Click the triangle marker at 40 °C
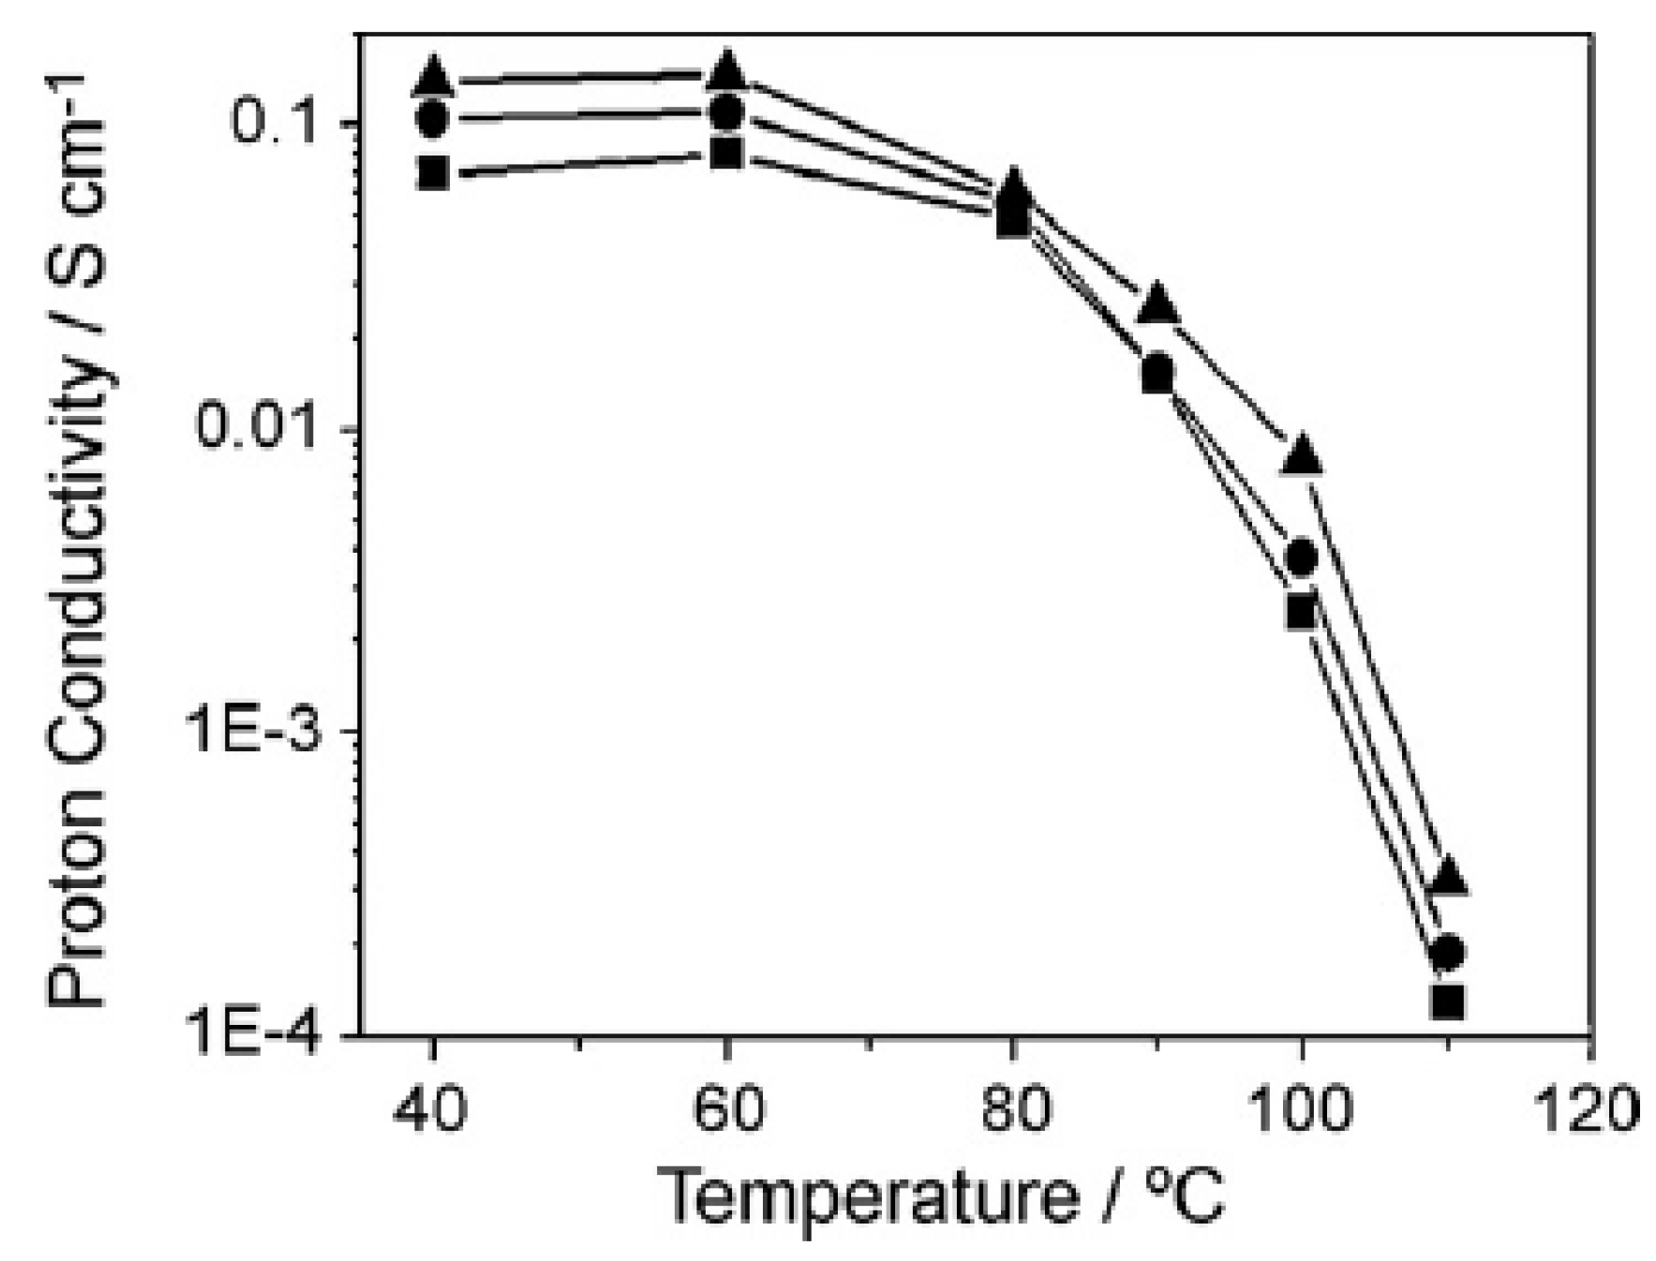point(432,78)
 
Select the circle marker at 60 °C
point(726,112)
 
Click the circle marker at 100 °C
point(1301,558)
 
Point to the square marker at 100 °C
point(1301,613)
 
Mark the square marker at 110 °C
point(1448,1001)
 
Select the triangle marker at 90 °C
point(1158,304)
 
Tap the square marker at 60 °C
point(726,153)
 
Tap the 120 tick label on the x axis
point(1590,1109)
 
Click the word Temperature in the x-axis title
point(869,1196)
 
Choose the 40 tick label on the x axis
point(432,1109)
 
